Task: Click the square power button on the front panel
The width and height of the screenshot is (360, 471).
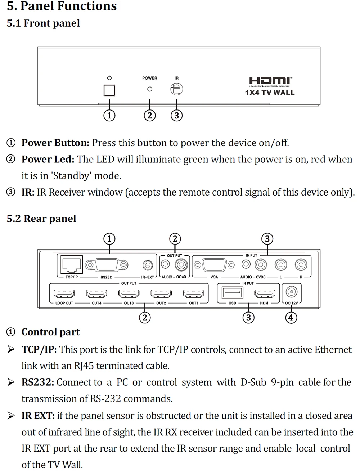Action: [x=109, y=90]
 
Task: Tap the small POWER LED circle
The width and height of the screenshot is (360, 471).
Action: [x=150, y=89]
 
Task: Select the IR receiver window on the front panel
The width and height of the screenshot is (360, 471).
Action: [x=176, y=89]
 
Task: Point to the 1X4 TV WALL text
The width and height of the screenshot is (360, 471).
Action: [x=270, y=93]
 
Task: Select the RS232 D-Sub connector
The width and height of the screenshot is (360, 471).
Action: [x=107, y=265]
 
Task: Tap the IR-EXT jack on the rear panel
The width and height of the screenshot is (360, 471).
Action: [x=148, y=265]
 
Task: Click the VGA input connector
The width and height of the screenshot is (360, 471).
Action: [x=214, y=265]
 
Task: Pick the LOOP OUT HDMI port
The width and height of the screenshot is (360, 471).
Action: [x=64, y=293]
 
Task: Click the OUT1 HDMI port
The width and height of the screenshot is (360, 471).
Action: [x=193, y=293]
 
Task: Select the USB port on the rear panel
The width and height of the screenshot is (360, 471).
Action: [x=232, y=292]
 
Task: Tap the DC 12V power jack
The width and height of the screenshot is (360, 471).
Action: [x=292, y=292]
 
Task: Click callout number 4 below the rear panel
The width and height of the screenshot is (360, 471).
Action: [x=291, y=318]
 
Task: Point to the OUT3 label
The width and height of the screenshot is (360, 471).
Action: [x=129, y=303]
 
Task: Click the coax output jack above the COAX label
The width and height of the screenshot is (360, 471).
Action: [x=181, y=265]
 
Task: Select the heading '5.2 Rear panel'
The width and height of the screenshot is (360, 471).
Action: [x=41, y=219]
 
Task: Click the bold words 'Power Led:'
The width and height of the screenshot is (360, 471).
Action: [x=48, y=159]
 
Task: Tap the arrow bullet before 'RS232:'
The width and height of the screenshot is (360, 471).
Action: [x=11, y=382]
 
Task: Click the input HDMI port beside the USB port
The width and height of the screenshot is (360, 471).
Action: [x=265, y=293]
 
